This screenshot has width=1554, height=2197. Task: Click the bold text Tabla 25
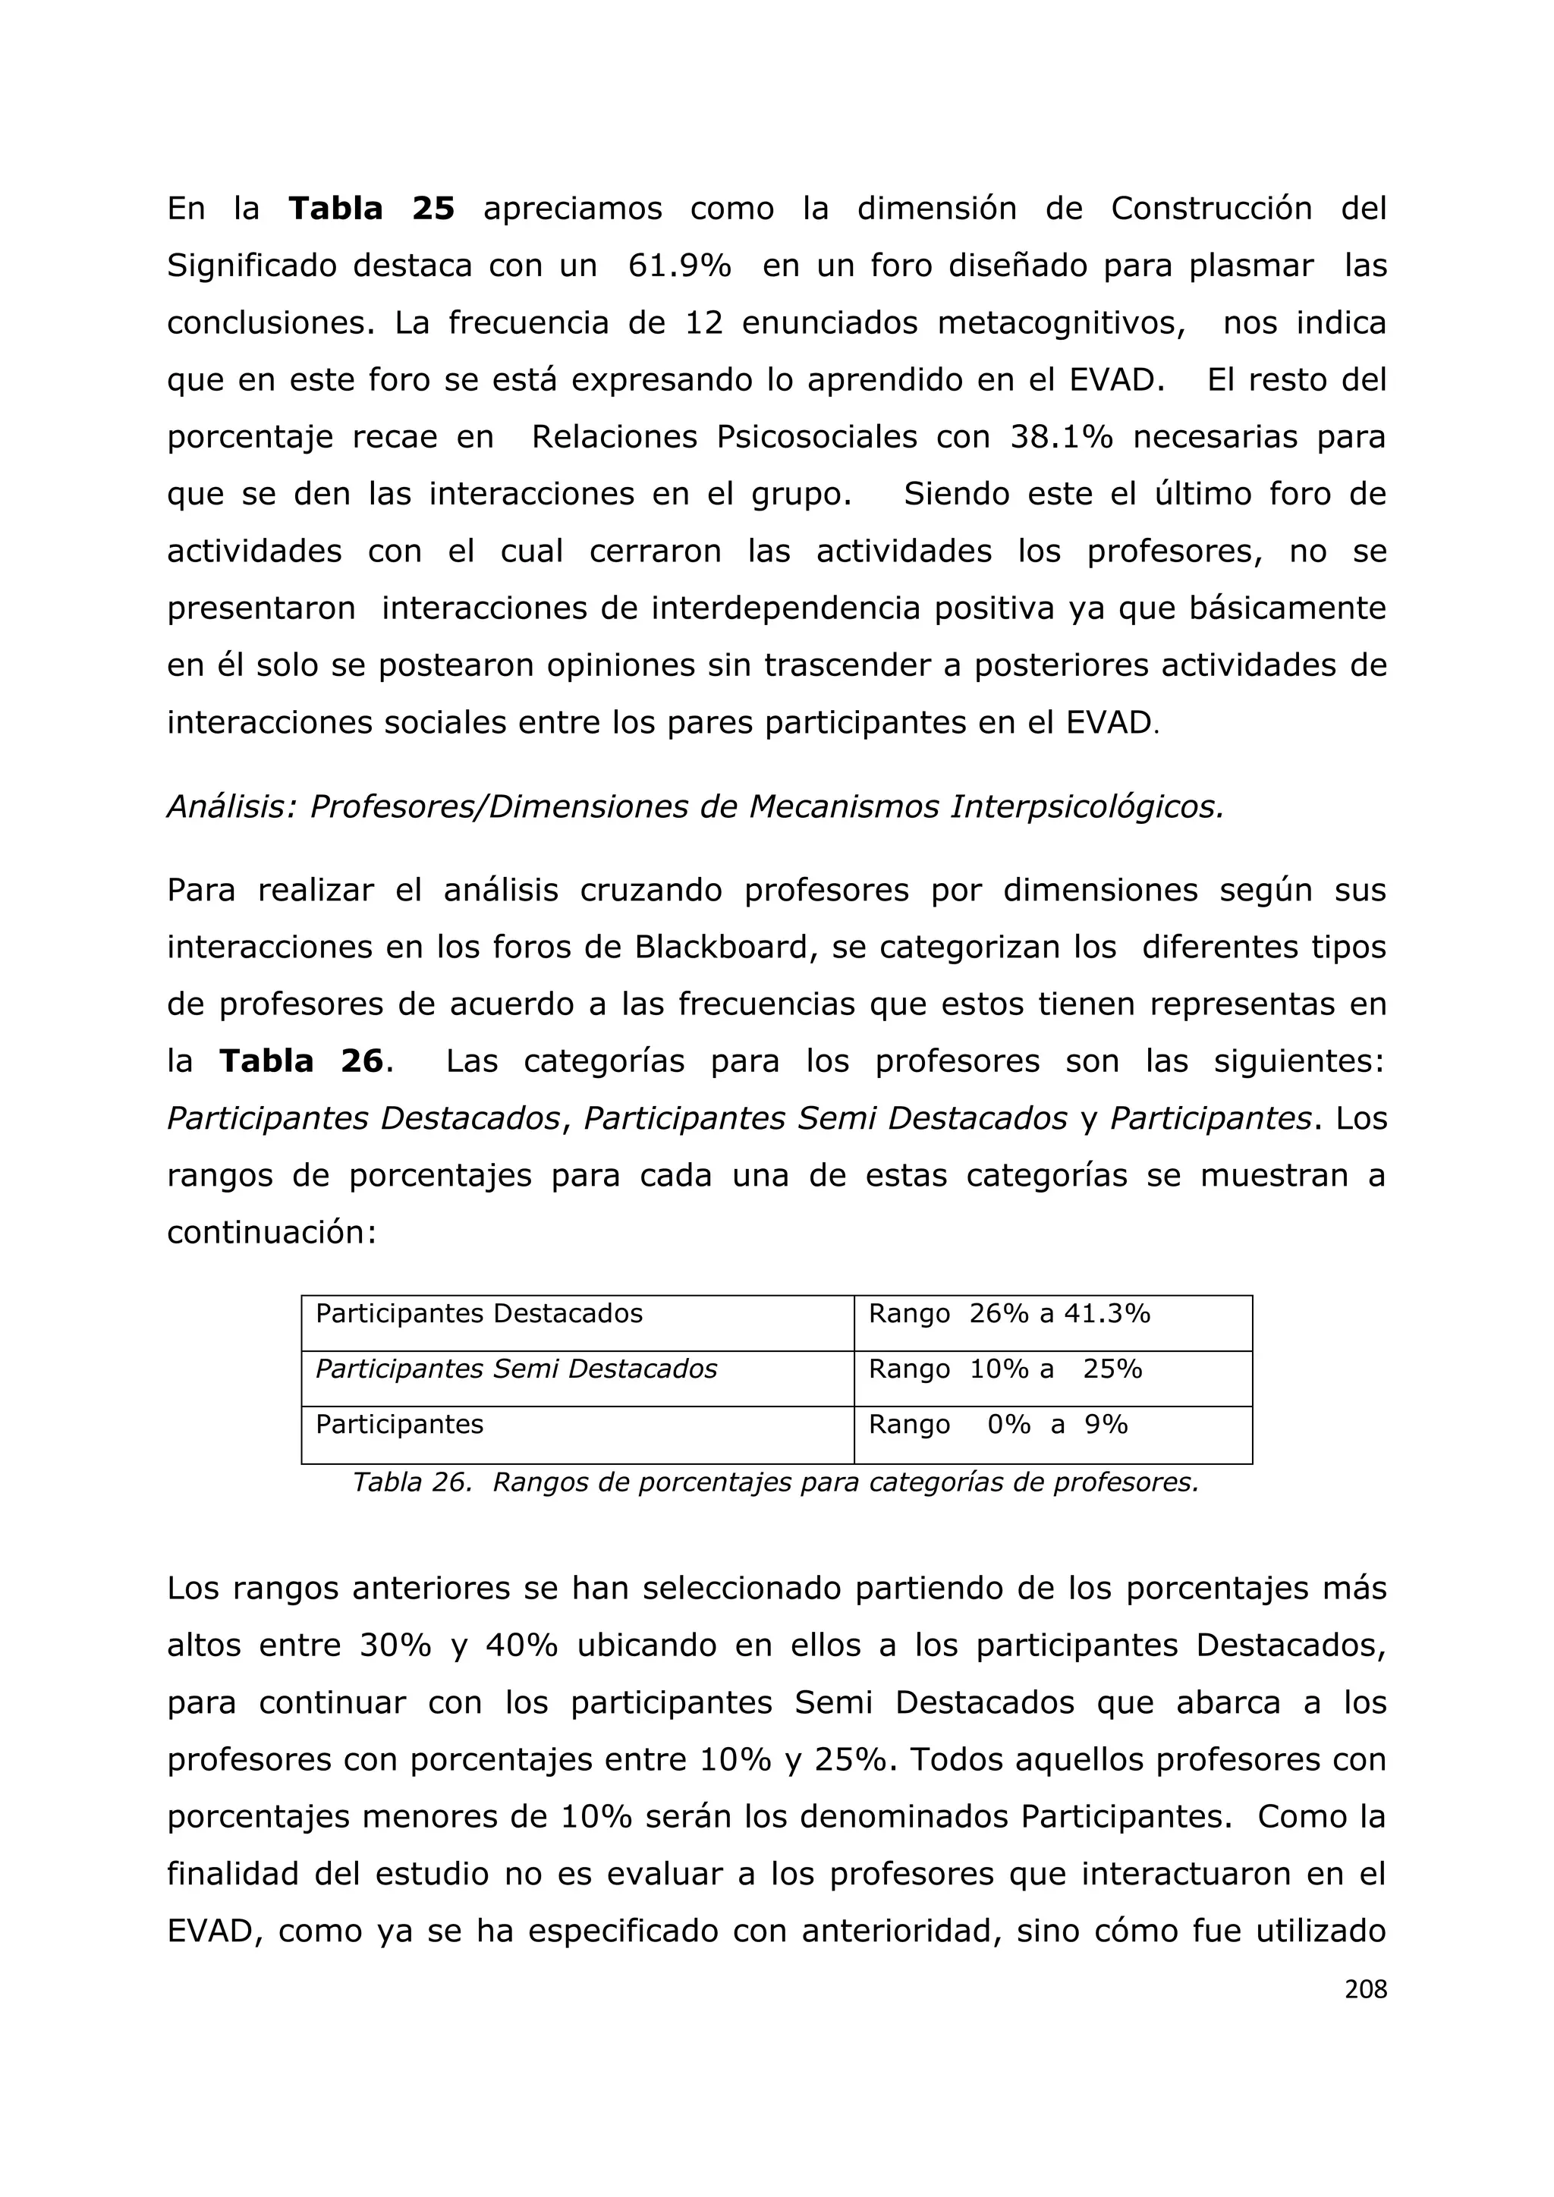pos(371,209)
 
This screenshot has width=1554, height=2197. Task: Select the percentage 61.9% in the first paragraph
pos(679,266)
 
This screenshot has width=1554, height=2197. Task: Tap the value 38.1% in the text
pos(1062,437)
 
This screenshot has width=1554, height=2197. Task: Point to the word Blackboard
pos(725,948)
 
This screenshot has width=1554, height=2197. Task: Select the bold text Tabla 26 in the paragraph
pos(301,1061)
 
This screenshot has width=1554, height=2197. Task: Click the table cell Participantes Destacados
pos(479,1314)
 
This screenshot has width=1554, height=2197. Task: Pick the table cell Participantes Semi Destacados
pos(516,1369)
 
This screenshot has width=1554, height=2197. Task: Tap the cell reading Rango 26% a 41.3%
pos(1008,1314)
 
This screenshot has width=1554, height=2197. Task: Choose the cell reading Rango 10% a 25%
pos(1005,1369)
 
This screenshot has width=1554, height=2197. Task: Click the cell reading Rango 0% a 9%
pos(998,1425)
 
